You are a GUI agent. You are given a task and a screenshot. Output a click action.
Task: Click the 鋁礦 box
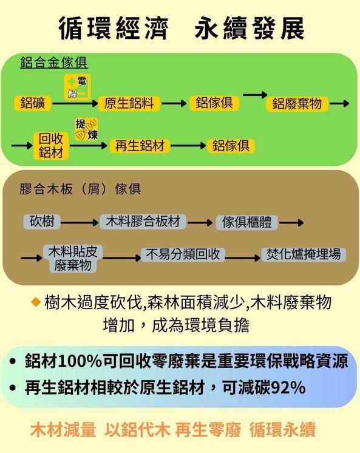pos(32,103)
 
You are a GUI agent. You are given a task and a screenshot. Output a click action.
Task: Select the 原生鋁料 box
pos(129,103)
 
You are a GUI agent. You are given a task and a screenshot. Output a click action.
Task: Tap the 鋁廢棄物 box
pos(297,104)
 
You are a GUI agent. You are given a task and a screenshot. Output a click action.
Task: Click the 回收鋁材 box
pos(51,146)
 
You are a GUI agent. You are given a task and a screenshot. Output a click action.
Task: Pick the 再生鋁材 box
pos(140,146)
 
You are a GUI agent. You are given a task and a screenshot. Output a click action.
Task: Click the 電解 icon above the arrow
pos(78,87)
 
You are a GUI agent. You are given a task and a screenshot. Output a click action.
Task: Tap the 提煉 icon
pos(86,129)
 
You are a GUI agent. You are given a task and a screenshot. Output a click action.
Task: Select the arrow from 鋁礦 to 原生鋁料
pos(75,103)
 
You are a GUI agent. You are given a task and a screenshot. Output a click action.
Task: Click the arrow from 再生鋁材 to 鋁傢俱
pos(188,145)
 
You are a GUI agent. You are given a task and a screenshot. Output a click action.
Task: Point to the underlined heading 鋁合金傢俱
pos(54,63)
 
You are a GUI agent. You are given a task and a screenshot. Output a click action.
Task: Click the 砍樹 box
pos(42,222)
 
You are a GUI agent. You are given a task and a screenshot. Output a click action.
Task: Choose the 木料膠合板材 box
pos(143,222)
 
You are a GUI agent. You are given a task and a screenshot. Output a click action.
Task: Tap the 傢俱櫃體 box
pos(246,222)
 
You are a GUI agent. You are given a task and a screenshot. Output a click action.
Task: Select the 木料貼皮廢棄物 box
pos(73,259)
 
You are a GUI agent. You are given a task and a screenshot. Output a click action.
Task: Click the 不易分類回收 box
pos(183,254)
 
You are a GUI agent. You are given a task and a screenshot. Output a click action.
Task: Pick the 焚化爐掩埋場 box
pos(304,254)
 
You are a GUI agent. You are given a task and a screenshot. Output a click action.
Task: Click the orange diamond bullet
pos(36,302)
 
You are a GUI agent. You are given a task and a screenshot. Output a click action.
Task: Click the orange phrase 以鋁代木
pos(137,430)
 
